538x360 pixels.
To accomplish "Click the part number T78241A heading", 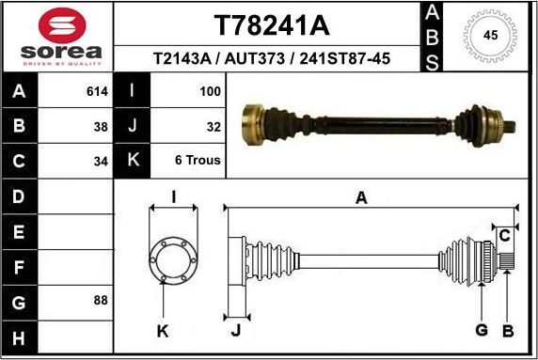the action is pos(272,23).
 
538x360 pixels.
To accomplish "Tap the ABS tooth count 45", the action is pos(489,36).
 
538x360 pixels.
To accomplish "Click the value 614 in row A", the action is pos(98,92).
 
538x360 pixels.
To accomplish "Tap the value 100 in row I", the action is pos(210,92).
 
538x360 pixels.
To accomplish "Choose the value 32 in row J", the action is pos(214,126).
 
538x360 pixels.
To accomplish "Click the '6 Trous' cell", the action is pos(198,160).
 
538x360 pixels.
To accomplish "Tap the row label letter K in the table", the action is pos(133,160).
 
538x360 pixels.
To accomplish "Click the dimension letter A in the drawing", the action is pos(360,197).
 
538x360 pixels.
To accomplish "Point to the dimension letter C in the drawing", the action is pos(505,233).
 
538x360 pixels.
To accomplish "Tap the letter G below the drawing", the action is pos(481,330).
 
